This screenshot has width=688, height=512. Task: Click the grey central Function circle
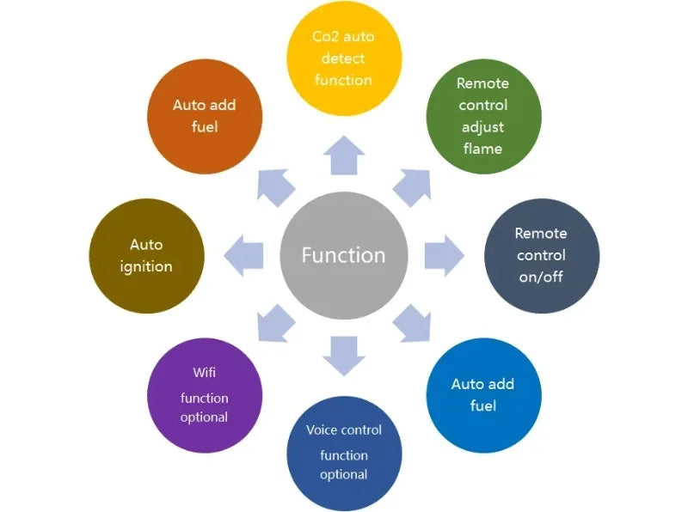(x=343, y=255)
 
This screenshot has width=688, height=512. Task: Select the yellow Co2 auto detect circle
(x=344, y=58)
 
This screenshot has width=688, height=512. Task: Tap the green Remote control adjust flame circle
(x=483, y=116)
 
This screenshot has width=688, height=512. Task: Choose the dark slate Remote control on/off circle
(x=541, y=255)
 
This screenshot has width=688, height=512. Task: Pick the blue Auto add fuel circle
(x=483, y=394)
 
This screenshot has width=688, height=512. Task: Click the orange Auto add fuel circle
(x=205, y=116)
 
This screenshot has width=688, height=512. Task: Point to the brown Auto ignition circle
(x=146, y=255)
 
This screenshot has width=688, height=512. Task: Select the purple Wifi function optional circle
(x=205, y=396)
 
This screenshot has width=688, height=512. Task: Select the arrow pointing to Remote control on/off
(x=443, y=255)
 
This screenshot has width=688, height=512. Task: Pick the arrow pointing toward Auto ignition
(x=243, y=255)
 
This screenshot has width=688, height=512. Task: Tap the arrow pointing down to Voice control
(x=344, y=354)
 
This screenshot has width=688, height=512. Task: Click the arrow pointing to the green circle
(x=414, y=186)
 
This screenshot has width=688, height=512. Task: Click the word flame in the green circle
(x=482, y=149)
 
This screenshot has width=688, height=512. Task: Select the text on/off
(x=541, y=277)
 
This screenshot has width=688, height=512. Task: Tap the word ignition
(x=146, y=266)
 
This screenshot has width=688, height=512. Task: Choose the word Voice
(x=322, y=430)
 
